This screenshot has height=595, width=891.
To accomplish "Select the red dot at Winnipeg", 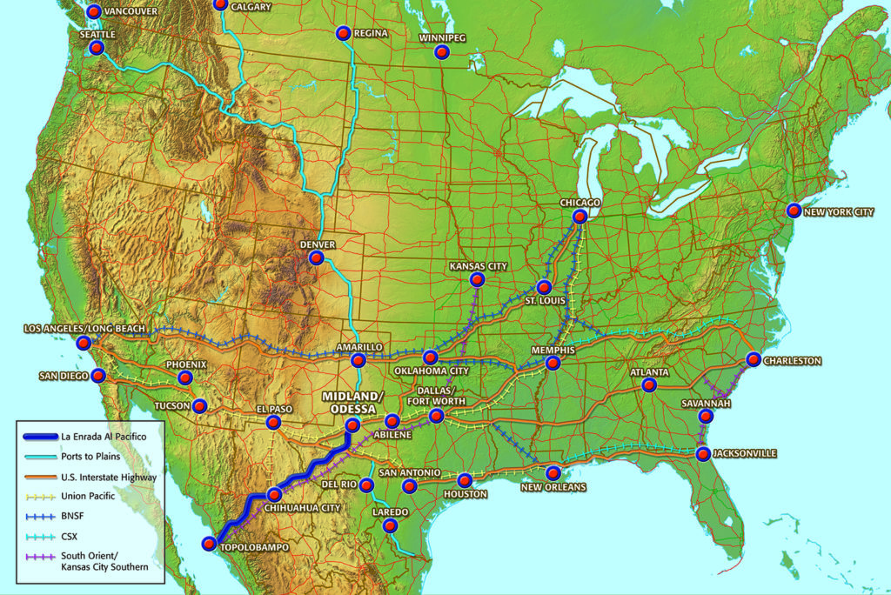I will tap(442, 51).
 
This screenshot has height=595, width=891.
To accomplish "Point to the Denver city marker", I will tap(317, 258).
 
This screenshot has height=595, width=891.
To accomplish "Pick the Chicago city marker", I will tap(580, 216).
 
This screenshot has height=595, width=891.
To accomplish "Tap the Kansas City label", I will tap(478, 266).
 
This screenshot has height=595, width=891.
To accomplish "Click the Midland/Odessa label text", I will tap(352, 403).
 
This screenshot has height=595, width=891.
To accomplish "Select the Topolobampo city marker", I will tap(209, 544).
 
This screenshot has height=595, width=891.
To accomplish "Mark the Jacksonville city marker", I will tap(703, 454).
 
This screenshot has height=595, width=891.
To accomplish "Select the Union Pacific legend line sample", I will tap(38, 496).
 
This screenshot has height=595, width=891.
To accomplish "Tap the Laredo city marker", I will tap(391, 525).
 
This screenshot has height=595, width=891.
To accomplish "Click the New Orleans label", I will tap(553, 486).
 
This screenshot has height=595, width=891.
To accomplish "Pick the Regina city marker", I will tap(343, 34).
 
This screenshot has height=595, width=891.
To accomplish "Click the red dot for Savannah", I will tap(706, 417).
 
